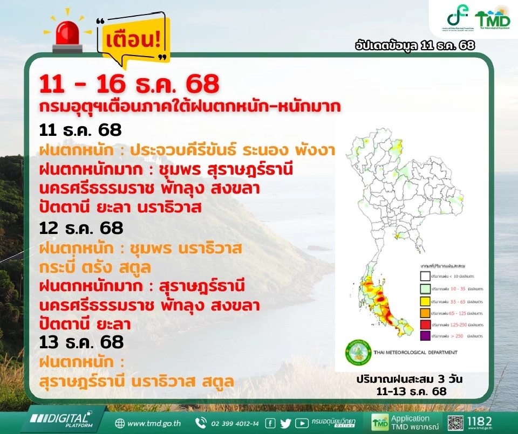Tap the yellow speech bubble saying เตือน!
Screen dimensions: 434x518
point(134,40)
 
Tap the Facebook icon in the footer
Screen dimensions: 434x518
point(270,423)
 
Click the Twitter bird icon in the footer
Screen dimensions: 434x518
point(285,423)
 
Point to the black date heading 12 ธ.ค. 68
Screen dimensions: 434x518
point(81,228)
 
